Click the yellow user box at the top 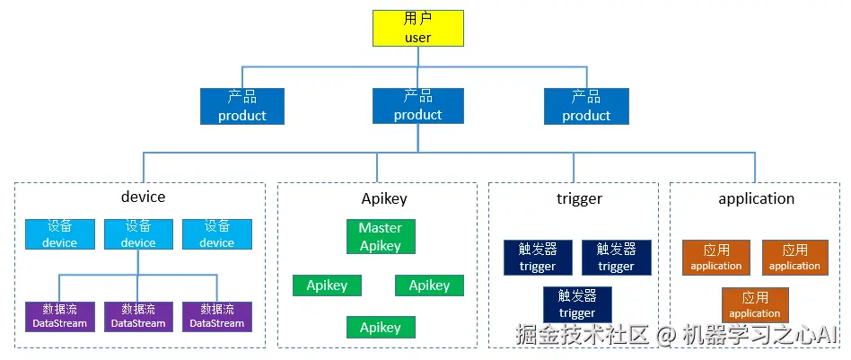[x=418, y=28]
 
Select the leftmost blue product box [x=241, y=106]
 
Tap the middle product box [x=418, y=106]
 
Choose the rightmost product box [x=586, y=106]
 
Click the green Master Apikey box [x=380, y=236]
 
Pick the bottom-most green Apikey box [x=380, y=328]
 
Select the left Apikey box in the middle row [x=327, y=285]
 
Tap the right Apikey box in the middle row [x=429, y=285]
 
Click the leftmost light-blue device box [x=59, y=233]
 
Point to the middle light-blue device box [x=138, y=233]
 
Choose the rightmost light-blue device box [x=216, y=233]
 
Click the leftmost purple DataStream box [x=59, y=316]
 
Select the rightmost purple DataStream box [x=216, y=316]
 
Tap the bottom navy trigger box [x=576, y=304]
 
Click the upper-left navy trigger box [x=537, y=257]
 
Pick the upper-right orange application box [x=794, y=257]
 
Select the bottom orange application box [x=755, y=305]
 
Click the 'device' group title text [x=143, y=198]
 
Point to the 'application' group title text [x=756, y=198]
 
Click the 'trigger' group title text [x=579, y=198]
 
